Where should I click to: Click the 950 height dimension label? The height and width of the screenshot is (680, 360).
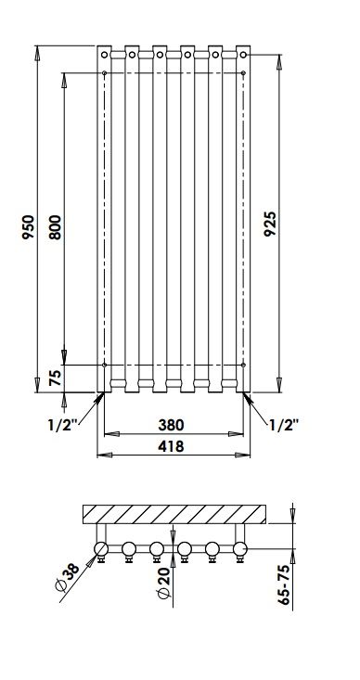[28, 227]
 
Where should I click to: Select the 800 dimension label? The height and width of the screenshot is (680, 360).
[55, 227]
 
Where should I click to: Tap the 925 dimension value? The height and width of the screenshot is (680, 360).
[270, 224]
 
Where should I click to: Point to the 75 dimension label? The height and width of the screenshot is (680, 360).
[55, 378]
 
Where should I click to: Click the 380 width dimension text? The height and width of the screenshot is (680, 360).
[171, 425]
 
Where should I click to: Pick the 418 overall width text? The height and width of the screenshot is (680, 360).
[171, 446]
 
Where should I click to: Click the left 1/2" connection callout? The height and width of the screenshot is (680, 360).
[62, 425]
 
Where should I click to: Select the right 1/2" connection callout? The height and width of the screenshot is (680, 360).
[285, 425]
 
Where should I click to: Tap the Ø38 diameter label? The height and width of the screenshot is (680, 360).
[68, 577]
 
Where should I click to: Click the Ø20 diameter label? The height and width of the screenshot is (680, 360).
[165, 583]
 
